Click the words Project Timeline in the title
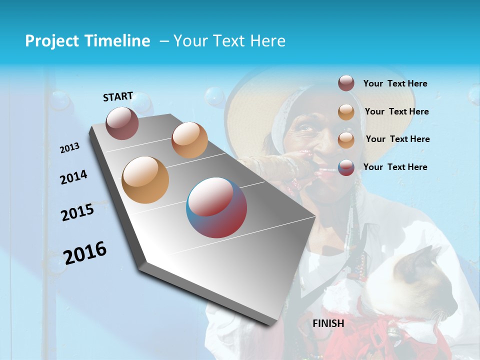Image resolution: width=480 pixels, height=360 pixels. pyautogui.click(x=87, y=41)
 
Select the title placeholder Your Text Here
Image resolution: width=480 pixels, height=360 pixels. pyautogui.click(x=229, y=41)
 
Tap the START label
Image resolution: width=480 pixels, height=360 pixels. pyautogui.click(x=118, y=96)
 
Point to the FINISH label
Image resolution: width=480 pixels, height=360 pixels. pyautogui.click(x=328, y=323)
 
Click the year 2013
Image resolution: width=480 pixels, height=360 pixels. pyautogui.click(x=69, y=148)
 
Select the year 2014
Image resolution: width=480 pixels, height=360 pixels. pyautogui.click(x=73, y=177)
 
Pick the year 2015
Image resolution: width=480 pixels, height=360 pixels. pyautogui.click(x=77, y=212)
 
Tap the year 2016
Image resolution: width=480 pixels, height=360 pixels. pyautogui.click(x=85, y=253)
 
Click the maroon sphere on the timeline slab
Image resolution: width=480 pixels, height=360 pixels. pyautogui.click(x=122, y=123)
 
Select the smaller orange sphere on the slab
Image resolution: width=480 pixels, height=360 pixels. pyautogui.click(x=189, y=140)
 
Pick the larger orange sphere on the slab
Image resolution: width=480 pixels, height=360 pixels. pyautogui.click(x=145, y=179)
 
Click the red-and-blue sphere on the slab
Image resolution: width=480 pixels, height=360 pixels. pyautogui.click(x=216, y=207)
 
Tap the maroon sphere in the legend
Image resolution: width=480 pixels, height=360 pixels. pyautogui.click(x=346, y=83)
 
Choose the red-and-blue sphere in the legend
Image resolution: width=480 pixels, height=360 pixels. pyautogui.click(x=346, y=167)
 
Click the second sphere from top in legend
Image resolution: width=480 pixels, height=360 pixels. pyautogui.click(x=346, y=112)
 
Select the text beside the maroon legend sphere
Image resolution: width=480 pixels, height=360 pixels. pyautogui.click(x=395, y=84)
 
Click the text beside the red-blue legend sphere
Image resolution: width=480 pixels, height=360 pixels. pyautogui.click(x=395, y=167)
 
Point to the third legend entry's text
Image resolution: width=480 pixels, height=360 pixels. pyautogui.click(x=397, y=139)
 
